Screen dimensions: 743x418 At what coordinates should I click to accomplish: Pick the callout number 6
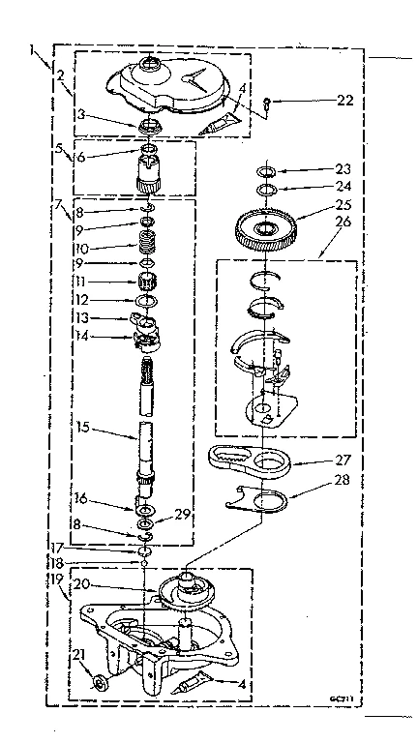tap(85, 157)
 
